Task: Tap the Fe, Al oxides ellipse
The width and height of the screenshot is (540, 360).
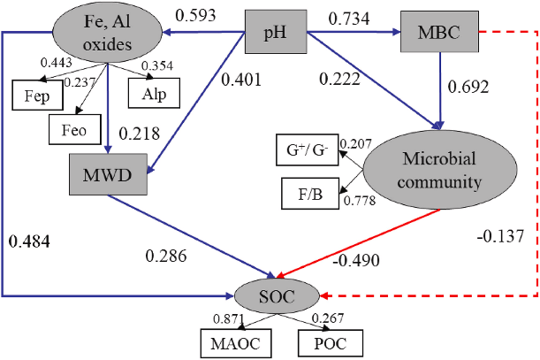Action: (x=108, y=32)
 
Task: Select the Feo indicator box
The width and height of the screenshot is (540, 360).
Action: (x=74, y=129)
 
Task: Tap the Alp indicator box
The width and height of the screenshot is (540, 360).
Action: (x=151, y=91)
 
